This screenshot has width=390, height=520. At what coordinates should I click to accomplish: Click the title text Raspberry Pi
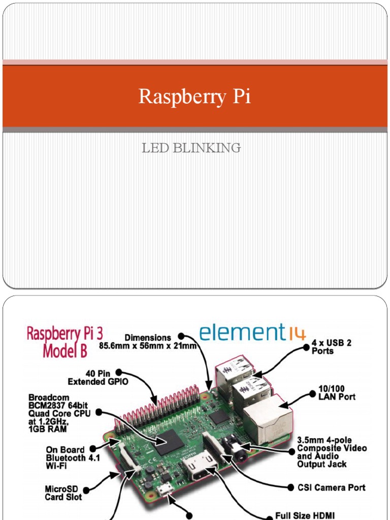[195, 96]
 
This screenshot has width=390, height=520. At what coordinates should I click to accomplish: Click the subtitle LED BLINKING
[191, 148]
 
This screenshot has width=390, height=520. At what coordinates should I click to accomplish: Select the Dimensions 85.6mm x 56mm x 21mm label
[147, 342]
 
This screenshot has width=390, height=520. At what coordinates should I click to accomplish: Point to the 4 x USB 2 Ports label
[331, 347]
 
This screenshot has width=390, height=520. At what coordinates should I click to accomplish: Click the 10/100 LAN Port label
[337, 392]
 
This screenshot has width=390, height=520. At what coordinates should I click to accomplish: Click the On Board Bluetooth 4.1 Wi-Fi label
[66, 457]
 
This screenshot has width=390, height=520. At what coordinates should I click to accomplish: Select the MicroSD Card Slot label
[62, 493]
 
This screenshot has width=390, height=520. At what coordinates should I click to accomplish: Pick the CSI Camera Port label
[331, 487]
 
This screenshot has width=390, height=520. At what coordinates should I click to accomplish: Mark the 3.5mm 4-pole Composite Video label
[332, 452]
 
